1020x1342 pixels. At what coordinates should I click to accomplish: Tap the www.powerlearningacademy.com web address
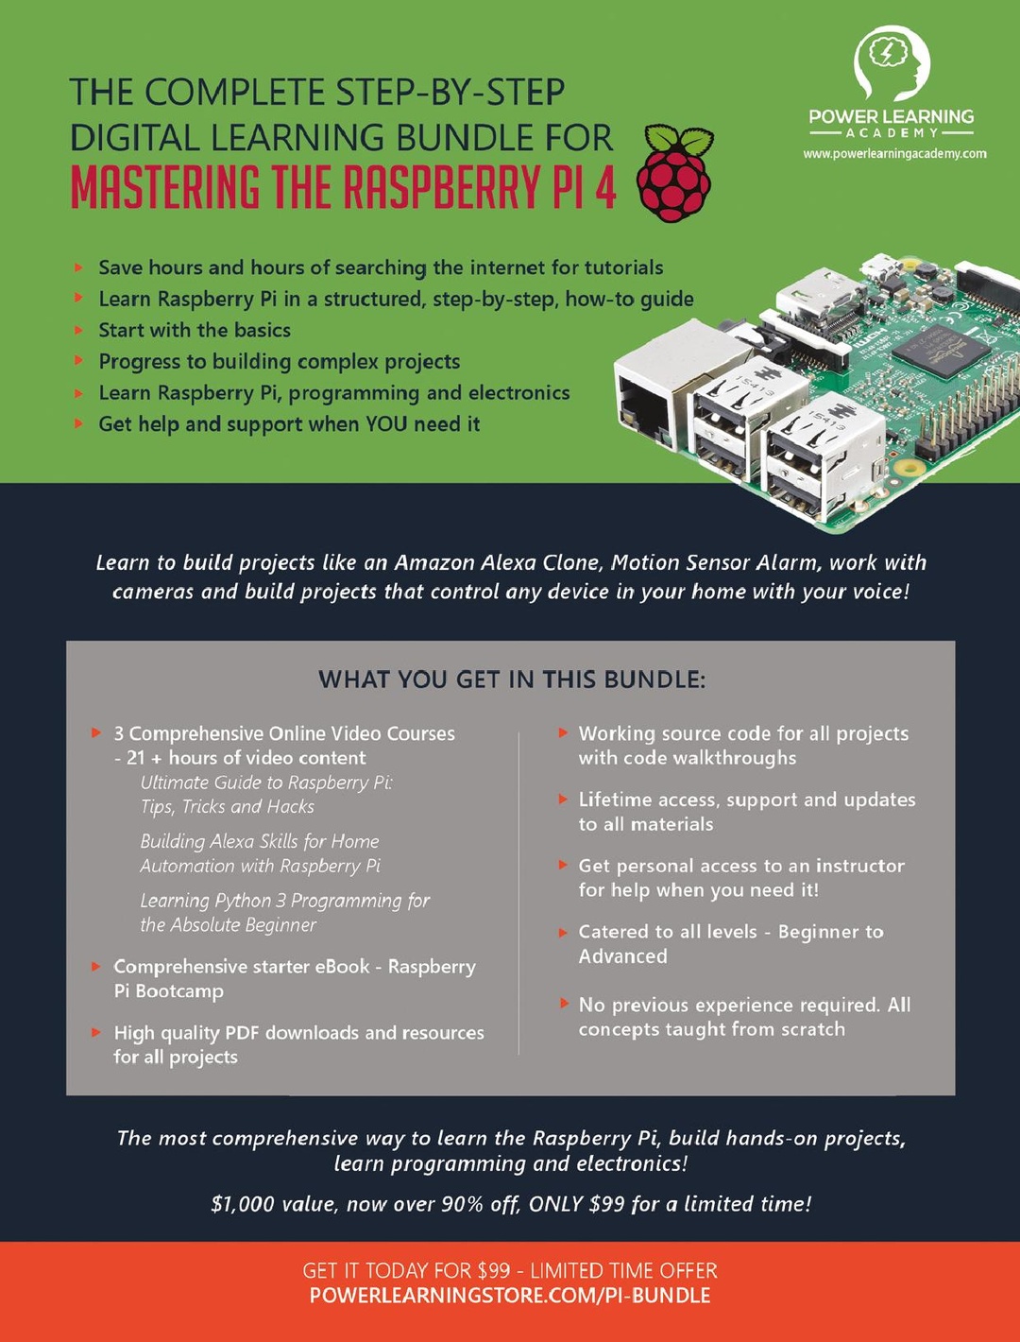894,154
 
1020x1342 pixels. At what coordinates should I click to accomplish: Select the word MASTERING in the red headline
165,187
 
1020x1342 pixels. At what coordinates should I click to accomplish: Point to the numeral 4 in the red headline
604,187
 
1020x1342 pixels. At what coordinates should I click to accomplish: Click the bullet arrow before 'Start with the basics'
79,330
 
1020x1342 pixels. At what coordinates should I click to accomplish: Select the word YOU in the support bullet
386,424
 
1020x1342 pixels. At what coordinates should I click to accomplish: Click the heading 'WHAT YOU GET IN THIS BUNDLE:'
511,680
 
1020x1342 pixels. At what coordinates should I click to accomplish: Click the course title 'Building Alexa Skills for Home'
260,841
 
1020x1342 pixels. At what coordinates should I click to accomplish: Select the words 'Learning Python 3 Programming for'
284,901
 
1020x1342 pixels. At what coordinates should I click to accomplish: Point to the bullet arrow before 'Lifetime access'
563,800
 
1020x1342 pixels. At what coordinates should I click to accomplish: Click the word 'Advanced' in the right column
622,956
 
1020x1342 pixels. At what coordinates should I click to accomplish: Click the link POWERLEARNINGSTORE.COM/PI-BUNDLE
510,1296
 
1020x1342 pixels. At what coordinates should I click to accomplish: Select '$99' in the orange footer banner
493,1270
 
